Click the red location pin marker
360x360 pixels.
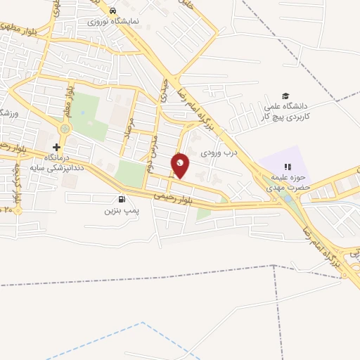[181, 165]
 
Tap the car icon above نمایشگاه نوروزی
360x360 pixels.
[112, 11]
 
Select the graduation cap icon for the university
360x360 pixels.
[285, 96]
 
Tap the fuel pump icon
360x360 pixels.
[124, 199]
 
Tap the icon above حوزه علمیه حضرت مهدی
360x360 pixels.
[288, 166]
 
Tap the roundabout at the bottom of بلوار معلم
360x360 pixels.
[65, 129]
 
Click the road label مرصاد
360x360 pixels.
[129, 131]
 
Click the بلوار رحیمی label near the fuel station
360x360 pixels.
[169, 195]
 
